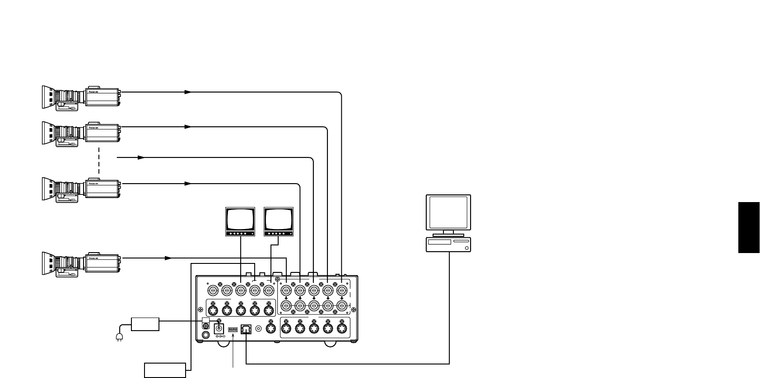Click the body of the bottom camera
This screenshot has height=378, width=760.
click(103, 263)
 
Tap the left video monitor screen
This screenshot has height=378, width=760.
click(240, 219)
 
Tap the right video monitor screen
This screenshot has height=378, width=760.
click(279, 219)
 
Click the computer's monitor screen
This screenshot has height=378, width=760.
click(448, 212)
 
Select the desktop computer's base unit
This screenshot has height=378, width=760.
click(448, 244)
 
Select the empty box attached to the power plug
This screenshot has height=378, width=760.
click(145, 324)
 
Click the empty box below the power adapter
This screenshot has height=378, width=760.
click(165, 370)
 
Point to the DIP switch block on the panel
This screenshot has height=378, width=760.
click(233, 330)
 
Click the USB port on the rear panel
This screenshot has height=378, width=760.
click(246, 330)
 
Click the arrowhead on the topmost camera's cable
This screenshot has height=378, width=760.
click(188, 92)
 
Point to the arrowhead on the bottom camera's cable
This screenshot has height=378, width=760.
click(168, 258)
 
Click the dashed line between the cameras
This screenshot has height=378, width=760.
click(99, 161)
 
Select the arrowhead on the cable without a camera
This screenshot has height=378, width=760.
click(141, 158)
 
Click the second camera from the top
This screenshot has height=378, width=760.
click(81, 133)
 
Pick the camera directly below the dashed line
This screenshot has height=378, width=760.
click(81, 189)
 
